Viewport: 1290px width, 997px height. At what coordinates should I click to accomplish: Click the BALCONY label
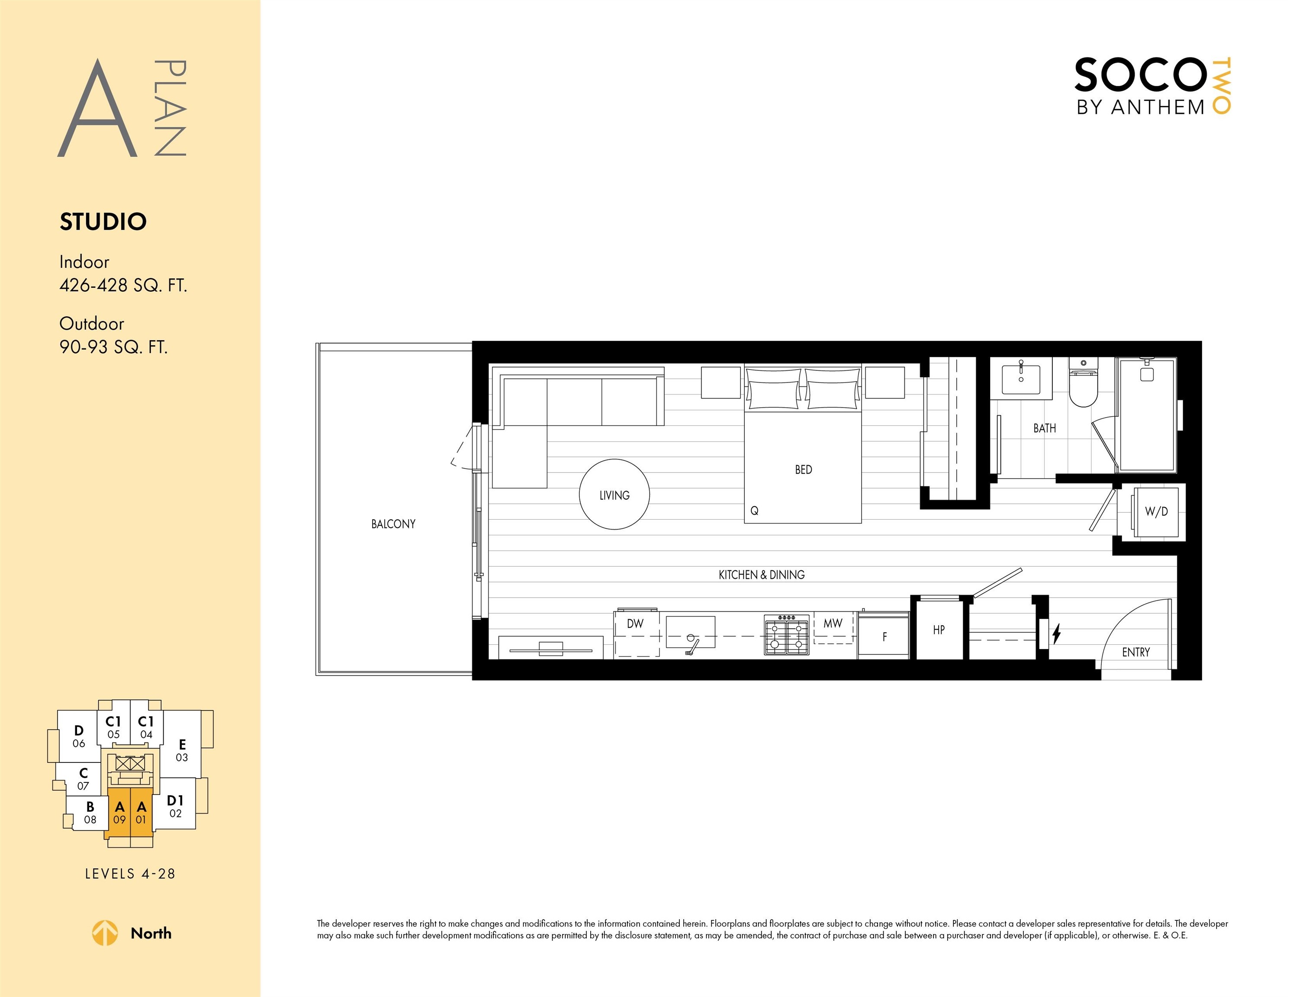(393, 524)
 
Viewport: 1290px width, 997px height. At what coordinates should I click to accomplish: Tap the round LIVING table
(614, 494)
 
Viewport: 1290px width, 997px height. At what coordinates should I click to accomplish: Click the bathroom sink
(1021, 379)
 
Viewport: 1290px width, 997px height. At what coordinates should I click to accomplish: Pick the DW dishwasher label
(635, 624)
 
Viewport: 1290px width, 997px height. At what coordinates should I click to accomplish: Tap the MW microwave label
(833, 623)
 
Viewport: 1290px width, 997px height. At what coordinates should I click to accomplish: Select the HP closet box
(939, 628)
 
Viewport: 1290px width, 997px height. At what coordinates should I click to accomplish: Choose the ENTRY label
(1136, 652)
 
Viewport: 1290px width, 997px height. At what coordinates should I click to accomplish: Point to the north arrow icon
(105, 933)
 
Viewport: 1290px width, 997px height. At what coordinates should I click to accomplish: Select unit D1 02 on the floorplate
(175, 806)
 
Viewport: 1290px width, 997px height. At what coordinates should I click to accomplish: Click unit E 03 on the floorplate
(182, 750)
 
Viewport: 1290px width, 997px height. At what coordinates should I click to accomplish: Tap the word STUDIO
(103, 222)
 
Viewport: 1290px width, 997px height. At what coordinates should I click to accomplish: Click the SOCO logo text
(1140, 75)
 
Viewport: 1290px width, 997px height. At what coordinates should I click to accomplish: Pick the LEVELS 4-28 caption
(130, 874)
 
